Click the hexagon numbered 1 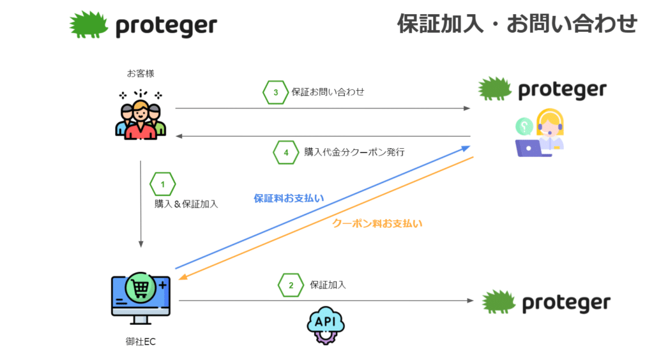pos(163,184)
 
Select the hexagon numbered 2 pos(291,285)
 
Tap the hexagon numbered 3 pos(276,92)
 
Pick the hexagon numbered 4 pos(286,153)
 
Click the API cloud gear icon pos(325,326)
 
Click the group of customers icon pos(141,115)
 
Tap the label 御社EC pos(141,341)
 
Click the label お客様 pos(141,74)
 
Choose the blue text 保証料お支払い pos(289,199)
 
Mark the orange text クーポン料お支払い pos(377,224)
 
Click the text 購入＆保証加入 pos(186,204)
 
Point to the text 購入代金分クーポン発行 pos(354,152)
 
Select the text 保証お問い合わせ pos(328,92)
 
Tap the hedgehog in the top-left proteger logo pos(88,25)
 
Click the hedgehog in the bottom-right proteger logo pos(499,302)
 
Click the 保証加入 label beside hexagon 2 pos(328,285)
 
